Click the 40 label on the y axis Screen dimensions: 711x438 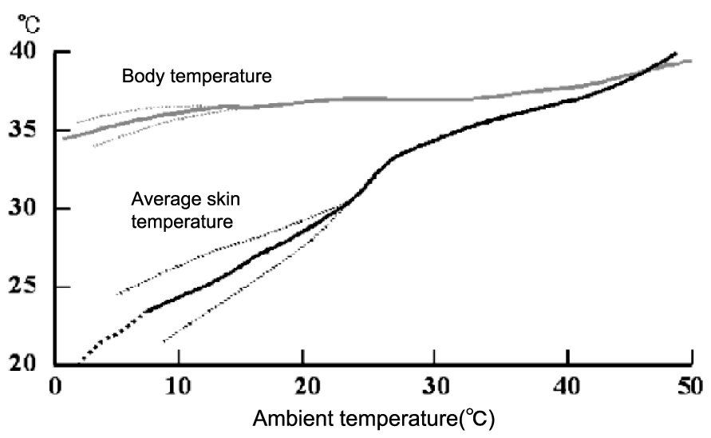click(x=22, y=50)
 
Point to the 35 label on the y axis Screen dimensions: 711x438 click(x=22, y=129)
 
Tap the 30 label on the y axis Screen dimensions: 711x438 click(x=22, y=208)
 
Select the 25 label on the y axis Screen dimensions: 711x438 click(x=22, y=286)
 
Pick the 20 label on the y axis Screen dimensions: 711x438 click(x=22, y=364)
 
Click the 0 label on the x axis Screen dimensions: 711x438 click(x=55, y=386)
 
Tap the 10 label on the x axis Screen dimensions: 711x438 click(x=179, y=386)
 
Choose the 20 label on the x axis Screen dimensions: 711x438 click(x=307, y=386)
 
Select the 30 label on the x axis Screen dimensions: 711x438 click(x=436, y=386)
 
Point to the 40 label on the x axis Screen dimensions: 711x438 click(x=567, y=386)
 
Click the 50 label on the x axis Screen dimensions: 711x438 click(x=690, y=386)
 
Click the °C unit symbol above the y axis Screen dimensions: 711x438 click(x=29, y=24)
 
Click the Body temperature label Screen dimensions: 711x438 click(x=197, y=76)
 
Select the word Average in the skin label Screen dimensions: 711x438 click(x=160, y=200)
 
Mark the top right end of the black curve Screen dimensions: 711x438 click(x=675, y=54)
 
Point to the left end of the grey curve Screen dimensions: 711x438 click(x=65, y=138)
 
